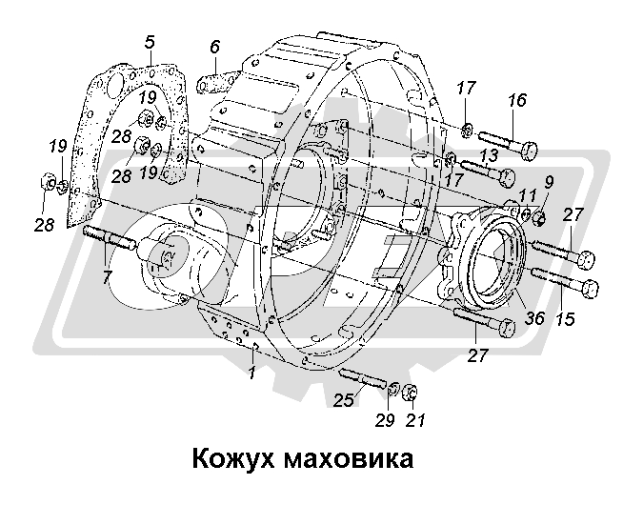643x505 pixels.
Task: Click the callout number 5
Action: (150, 42)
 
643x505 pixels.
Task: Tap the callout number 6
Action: (214, 47)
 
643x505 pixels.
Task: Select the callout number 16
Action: (516, 101)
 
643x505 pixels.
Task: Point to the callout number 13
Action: (488, 154)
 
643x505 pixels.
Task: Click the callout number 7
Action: (107, 276)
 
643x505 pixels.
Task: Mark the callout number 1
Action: (251, 374)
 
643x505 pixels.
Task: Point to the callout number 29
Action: (385, 420)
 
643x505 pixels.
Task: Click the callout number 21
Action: (413, 420)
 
